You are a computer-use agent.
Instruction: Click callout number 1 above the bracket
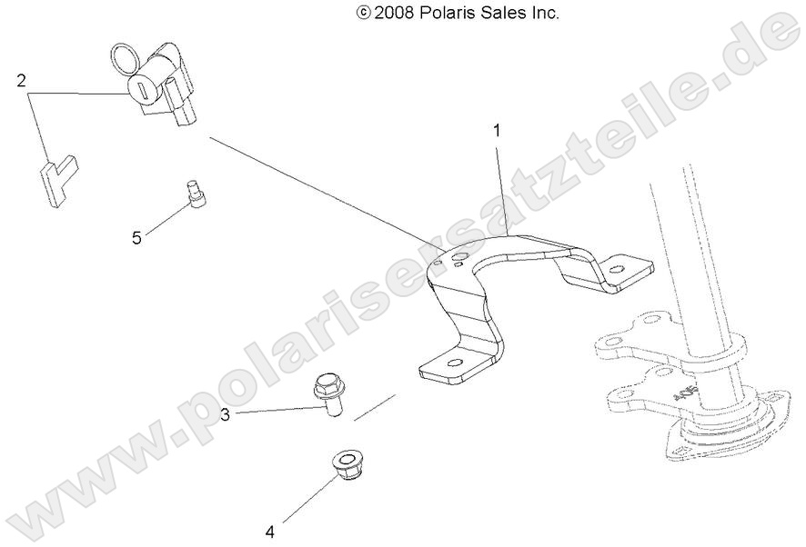pos(497,131)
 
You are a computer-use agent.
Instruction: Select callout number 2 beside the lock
pos(20,81)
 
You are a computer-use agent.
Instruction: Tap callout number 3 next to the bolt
pos(225,415)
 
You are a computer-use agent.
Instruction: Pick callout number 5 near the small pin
pos(136,238)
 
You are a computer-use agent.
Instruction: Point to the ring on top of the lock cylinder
pos(126,58)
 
